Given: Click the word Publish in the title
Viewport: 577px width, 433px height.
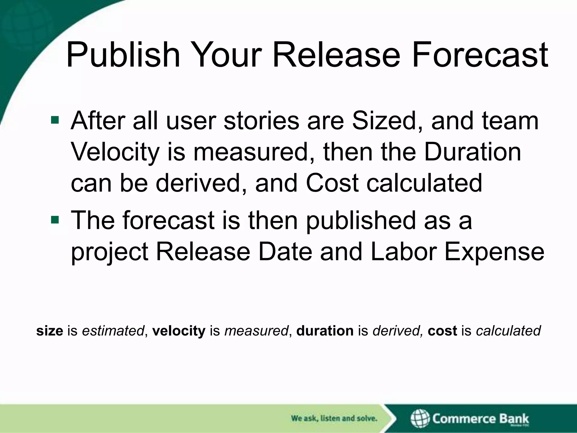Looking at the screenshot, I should pos(123,55).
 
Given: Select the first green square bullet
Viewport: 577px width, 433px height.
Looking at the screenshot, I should pos(55,120).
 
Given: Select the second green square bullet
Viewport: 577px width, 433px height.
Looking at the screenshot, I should pos(55,219).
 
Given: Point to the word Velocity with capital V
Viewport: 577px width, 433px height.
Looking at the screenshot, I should pos(115,152).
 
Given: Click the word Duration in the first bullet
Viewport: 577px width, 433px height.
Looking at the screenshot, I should pos(472,152).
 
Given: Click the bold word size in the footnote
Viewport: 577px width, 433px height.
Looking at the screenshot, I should pos(50,331).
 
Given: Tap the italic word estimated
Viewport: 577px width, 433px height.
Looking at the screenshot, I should pos(113,331).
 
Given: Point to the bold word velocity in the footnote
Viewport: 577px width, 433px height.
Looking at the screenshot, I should pos(179,331).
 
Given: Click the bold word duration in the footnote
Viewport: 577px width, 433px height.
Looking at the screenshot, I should pos(325,331).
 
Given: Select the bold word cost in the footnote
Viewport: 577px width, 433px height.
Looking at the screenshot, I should pos(442,331).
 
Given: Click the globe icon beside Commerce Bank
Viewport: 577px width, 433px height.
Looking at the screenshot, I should pos(420,418).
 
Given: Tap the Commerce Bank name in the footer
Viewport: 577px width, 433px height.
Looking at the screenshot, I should pos(481,418).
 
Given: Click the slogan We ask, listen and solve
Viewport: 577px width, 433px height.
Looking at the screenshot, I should pos(334,418).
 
